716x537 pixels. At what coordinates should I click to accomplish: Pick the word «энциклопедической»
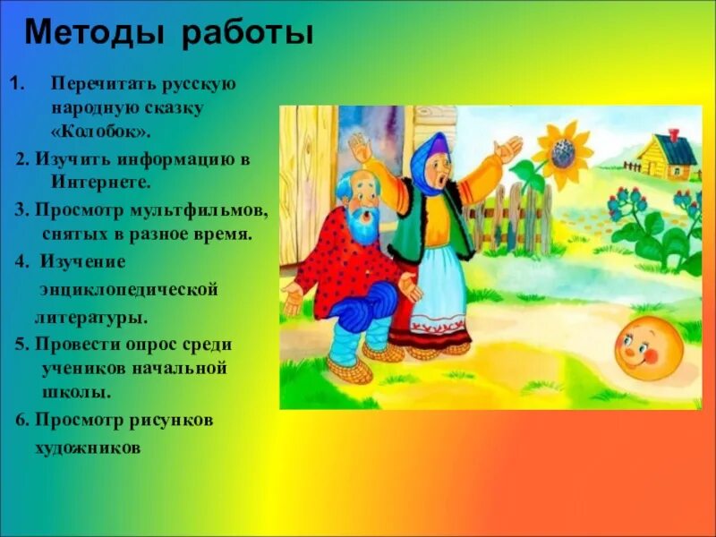coord(129,290)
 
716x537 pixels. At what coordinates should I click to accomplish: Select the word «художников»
coord(89,447)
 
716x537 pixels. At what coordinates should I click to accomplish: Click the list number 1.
coord(15,83)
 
